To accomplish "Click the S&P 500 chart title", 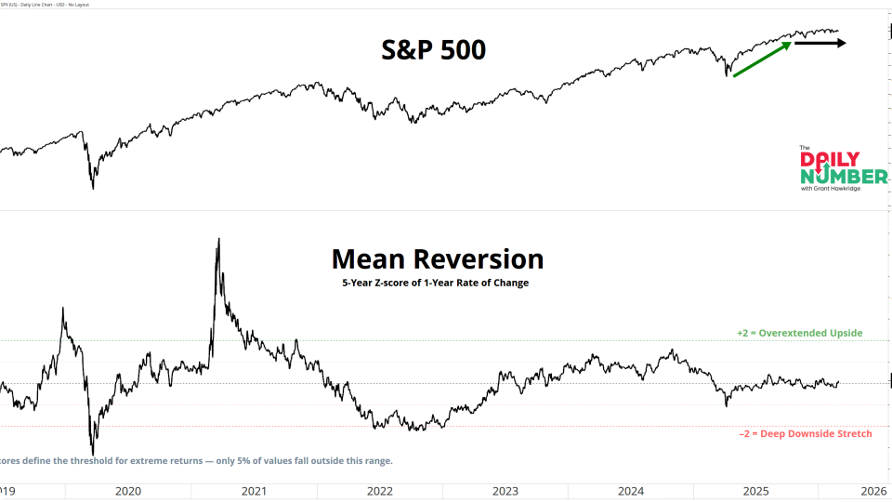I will (x=434, y=50).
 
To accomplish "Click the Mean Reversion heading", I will (x=437, y=258).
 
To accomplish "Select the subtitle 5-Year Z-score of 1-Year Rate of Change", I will (x=435, y=283).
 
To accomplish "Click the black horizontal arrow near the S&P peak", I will (x=819, y=43).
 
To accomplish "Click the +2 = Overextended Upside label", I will (x=799, y=333).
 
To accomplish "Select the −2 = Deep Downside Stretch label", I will (x=805, y=433).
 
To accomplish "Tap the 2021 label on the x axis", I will (x=253, y=490).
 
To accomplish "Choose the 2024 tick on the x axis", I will (x=630, y=490).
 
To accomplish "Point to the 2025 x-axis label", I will (x=755, y=490).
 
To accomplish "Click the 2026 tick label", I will (x=872, y=490).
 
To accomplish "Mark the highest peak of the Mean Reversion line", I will (x=218, y=239).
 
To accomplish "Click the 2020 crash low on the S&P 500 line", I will (x=93, y=189).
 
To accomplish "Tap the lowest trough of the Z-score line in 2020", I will (x=93, y=455).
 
